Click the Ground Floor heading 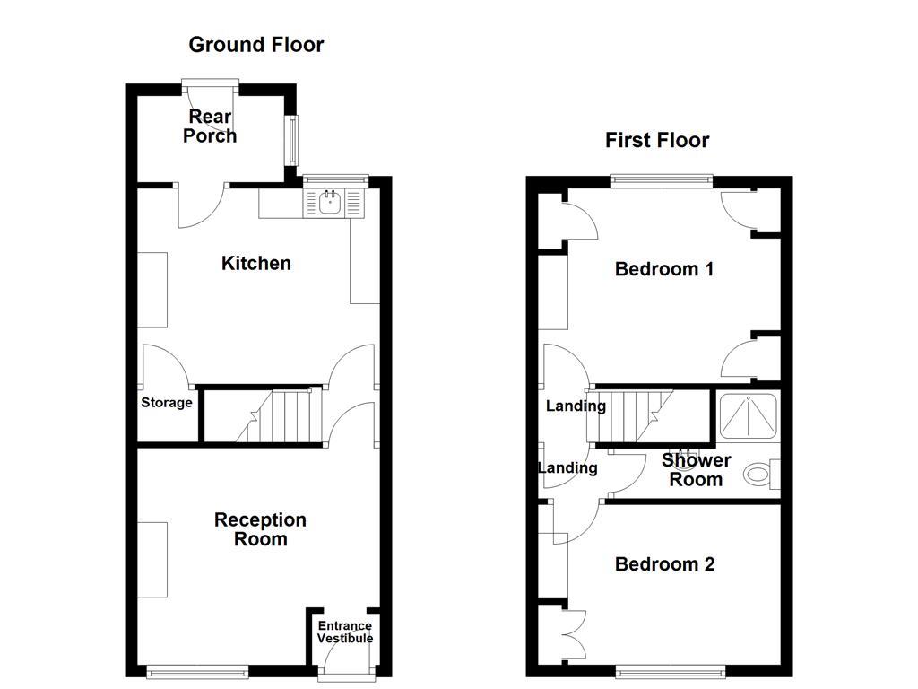pos(255,45)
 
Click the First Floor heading pos(657,140)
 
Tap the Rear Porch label pos(210,126)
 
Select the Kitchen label pos(256,263)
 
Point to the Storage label pos(167,403)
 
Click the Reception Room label pos(261,529)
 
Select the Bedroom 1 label pos(664,269)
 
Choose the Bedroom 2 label pos(664,564)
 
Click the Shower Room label pos(697,470)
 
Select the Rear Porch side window pos(290,140)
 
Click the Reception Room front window pos(197,670)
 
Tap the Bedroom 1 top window pos(662,179)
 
